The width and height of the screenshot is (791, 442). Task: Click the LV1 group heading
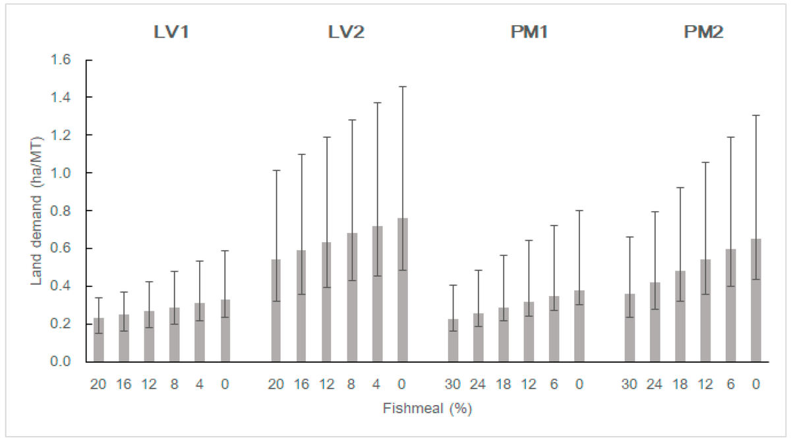coord(171,32)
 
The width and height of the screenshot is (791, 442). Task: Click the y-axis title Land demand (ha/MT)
coord(36,211)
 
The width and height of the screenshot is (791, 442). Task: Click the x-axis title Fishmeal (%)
coord(428,408)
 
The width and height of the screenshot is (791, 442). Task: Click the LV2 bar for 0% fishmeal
coord(402,290)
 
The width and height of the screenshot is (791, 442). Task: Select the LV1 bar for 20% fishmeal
coord(99,340)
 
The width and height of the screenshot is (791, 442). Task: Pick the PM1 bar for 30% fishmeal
coord(453,340)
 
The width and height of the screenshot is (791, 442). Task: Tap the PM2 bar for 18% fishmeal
coord(680,317)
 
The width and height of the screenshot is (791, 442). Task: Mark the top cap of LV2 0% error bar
coord(402,86)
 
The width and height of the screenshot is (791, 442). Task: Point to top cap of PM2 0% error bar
coord(755,115)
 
